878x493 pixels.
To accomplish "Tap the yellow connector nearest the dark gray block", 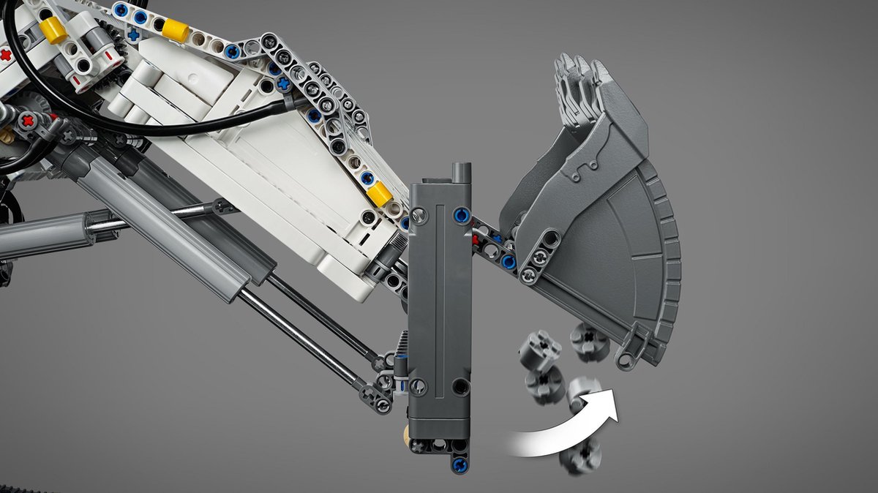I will coord(380,194).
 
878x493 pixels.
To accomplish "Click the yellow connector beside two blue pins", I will coord(175,29).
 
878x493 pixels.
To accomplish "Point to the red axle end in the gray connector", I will coord(28,119).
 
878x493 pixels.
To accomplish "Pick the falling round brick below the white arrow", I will coord(579,455).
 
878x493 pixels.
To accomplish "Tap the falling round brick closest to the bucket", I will coord(590,340).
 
